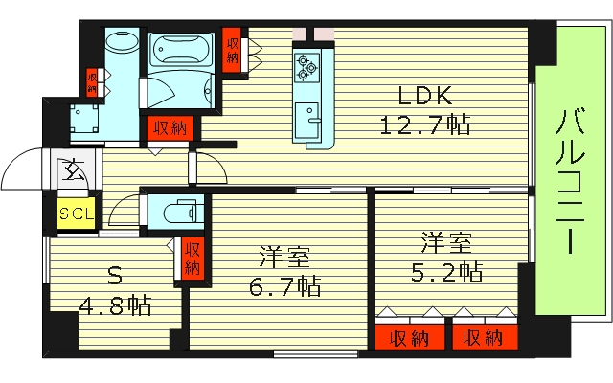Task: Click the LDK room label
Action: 425,96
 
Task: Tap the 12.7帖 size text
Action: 425,125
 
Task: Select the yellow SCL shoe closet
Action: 77,214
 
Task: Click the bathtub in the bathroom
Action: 181,49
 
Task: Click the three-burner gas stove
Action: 306,67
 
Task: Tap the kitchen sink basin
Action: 306,120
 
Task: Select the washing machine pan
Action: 84,118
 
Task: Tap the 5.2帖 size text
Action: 446,272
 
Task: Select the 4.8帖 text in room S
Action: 115,305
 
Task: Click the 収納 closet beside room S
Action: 192,259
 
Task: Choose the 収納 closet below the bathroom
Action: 170,127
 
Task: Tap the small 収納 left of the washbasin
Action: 92,82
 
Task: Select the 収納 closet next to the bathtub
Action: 232,50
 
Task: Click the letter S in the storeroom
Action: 115,277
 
